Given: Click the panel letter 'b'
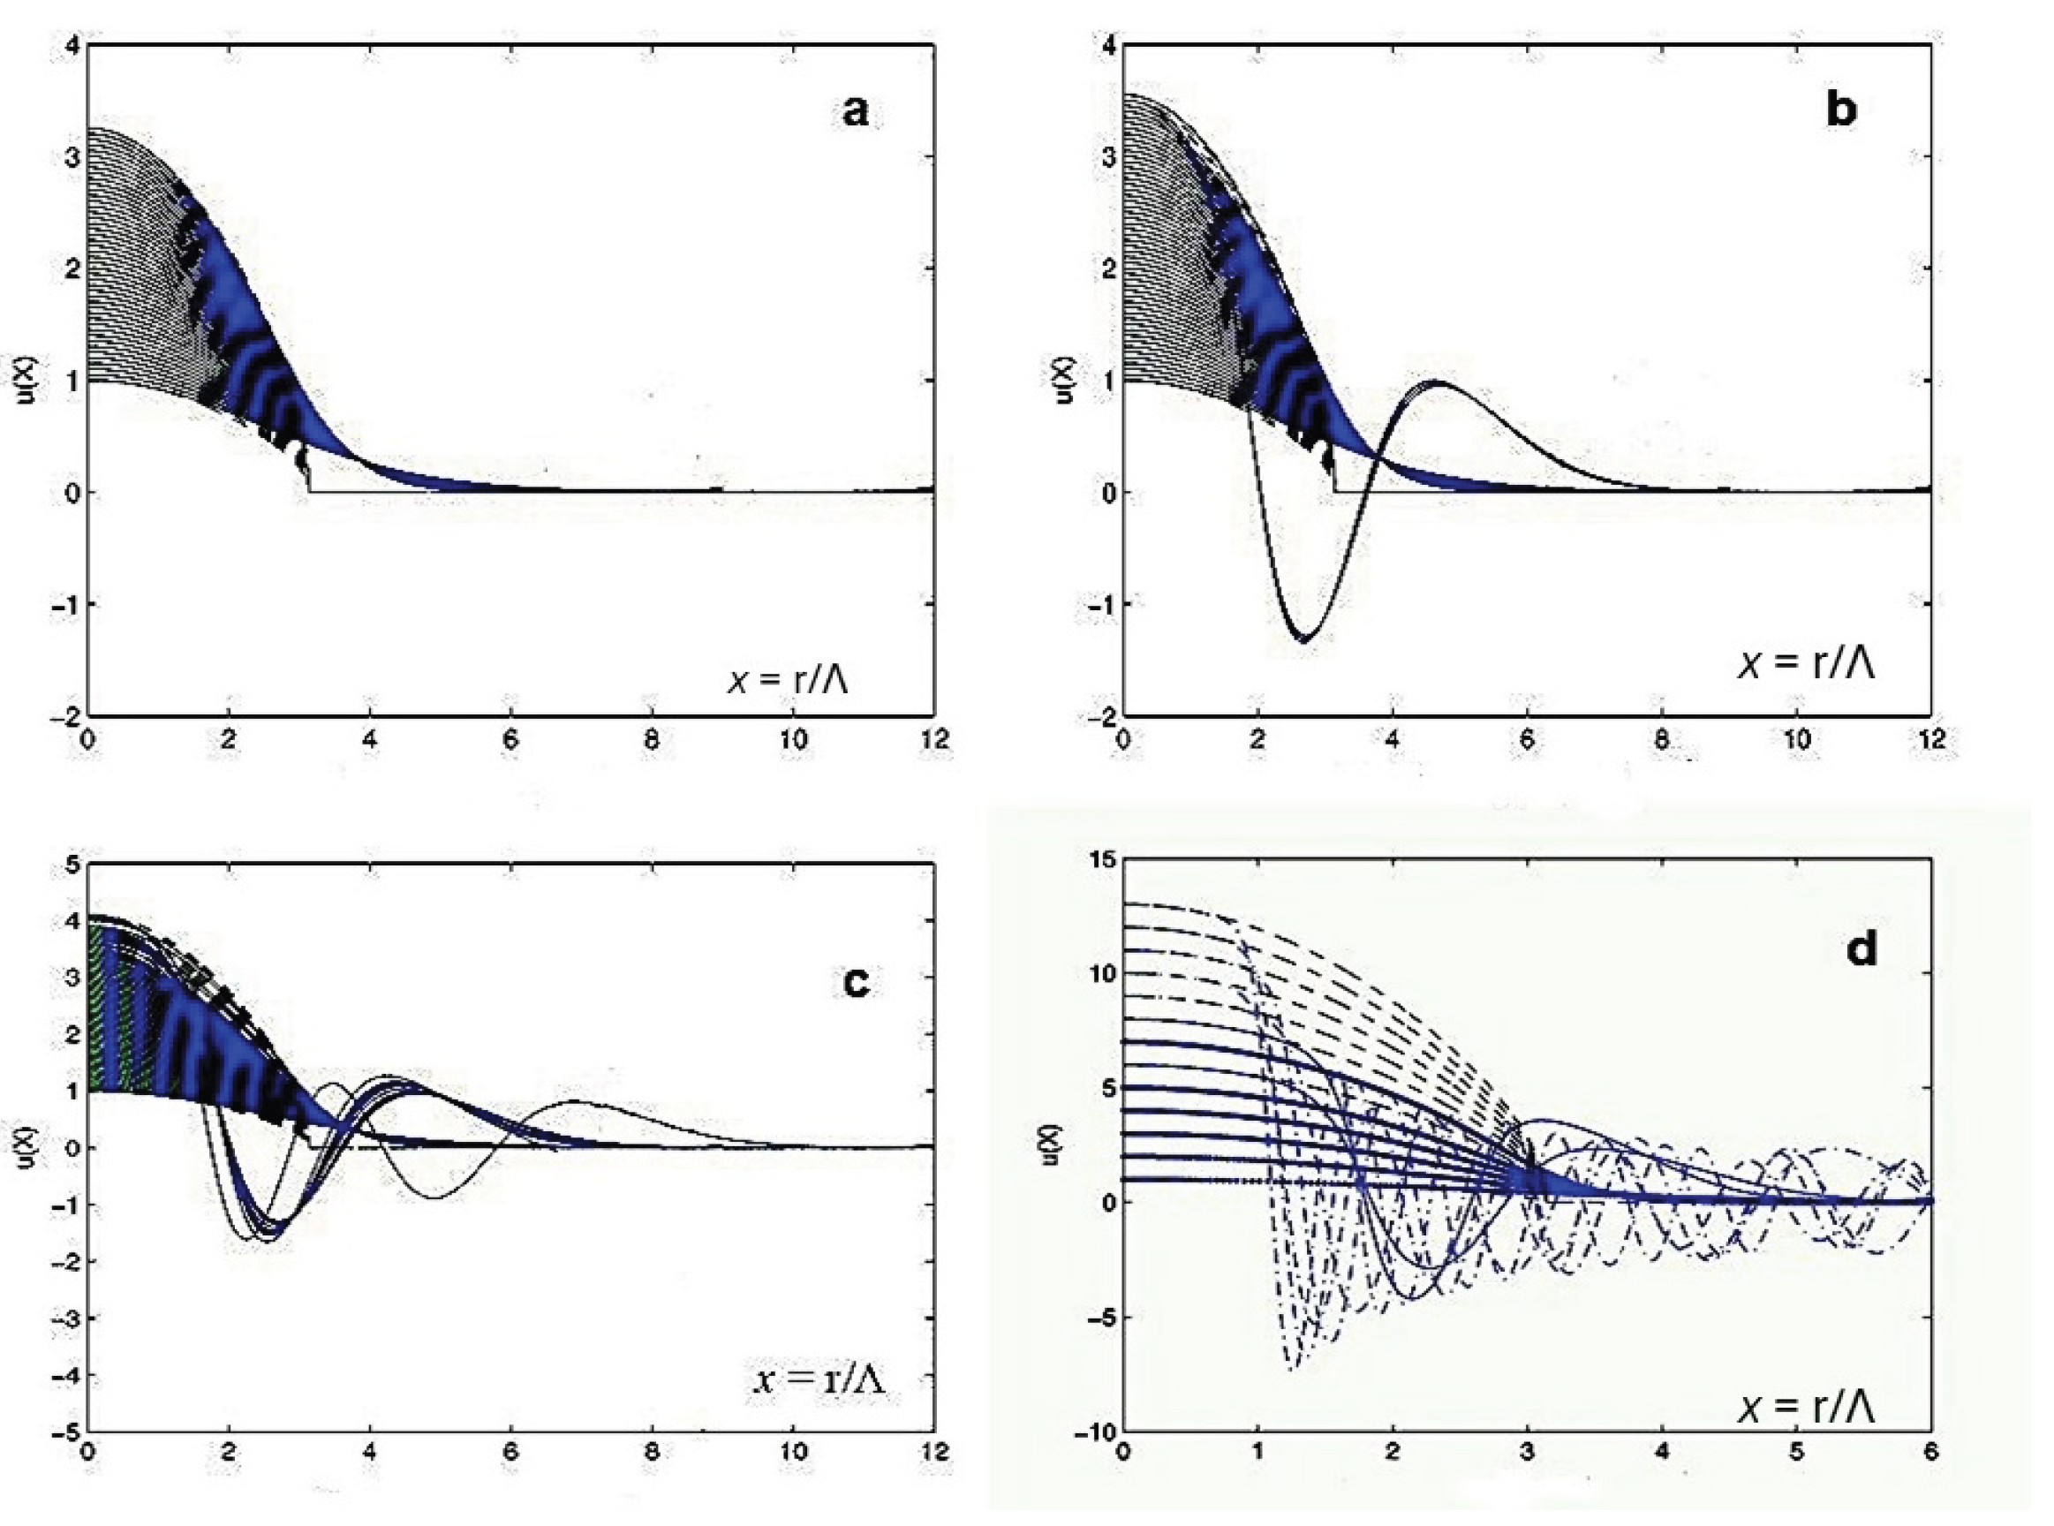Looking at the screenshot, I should pyautogui.click(x=1840, y=111).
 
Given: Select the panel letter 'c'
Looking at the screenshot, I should pyautogui.click(x=857, y=983).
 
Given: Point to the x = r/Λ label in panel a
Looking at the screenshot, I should pyautogui.click(x=788, y=681).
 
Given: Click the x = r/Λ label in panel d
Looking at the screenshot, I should pyautogui.click(x=1807, y=1407).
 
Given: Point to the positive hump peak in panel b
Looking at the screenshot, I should pyautogui.click(x=1437, y=381).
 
